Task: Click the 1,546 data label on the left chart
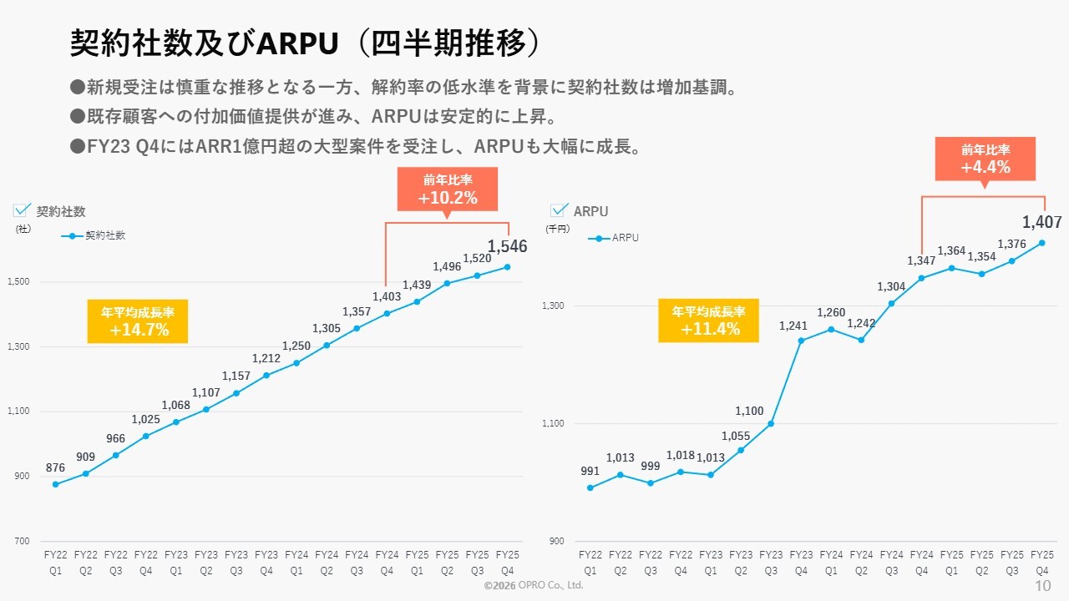point(507,247)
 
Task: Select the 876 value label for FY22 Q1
point(55,468)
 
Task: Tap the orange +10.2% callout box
point(448,189)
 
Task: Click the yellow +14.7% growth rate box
point(138,321)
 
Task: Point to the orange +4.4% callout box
point(985,159)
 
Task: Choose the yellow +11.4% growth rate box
point(708,321)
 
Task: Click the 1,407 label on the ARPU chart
point(1041,223)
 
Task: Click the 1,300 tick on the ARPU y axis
point(555,306)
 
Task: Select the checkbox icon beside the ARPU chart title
point(560,210)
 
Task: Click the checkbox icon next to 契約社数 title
point(23,210)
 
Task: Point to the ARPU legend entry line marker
point(599,238)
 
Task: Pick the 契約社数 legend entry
point(94,236)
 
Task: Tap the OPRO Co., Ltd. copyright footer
point(534,586)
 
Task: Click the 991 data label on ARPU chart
point(590,472)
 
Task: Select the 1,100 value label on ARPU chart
point(749,411)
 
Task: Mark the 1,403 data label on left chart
point(387,296)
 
